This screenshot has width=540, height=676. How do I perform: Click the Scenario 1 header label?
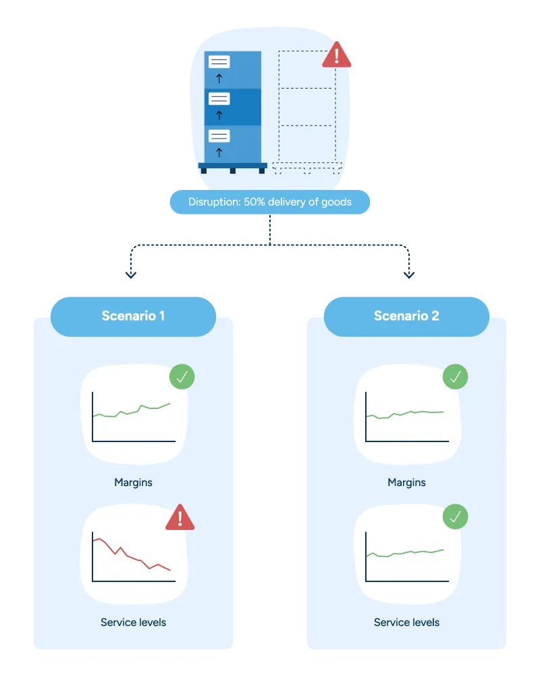[133, 316]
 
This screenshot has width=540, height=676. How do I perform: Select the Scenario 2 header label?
[406, 316]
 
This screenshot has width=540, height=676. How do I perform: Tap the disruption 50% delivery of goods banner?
[269, 202]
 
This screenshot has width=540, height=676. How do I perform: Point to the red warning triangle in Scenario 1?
[180, 518]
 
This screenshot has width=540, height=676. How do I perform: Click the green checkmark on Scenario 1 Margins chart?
[181, 377]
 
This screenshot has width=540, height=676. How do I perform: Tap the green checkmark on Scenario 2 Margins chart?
[455, 377]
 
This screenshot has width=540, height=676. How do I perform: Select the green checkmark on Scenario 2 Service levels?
[455, 517]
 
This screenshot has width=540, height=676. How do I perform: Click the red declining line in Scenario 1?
[132, 554]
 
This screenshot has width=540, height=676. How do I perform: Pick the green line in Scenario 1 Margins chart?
[132, 412]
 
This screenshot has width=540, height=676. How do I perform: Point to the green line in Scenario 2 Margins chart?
[405, 414]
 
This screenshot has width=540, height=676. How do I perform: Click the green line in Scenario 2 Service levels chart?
[405, 553]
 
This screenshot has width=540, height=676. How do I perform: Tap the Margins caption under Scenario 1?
[133, 483]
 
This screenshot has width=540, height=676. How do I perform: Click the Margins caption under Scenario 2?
[406, 483]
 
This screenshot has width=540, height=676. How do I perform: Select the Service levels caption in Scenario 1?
[133, 622]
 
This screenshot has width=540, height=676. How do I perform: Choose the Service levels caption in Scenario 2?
[406, 622]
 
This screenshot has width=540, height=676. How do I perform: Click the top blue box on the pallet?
[233, 70]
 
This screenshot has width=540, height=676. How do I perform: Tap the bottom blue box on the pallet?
[233, 144]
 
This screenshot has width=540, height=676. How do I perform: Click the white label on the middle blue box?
[219, 99]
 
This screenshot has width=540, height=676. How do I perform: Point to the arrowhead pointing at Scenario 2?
[408, 275]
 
